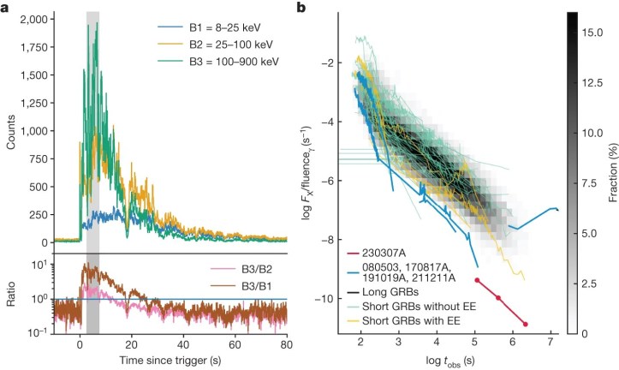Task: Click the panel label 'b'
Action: (x=301, y=8)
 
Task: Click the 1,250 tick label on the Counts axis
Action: (x=31, y=103)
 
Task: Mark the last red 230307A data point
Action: (x=525, y=324)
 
